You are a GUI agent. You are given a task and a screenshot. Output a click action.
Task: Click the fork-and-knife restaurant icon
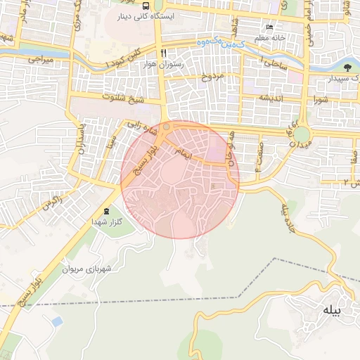[164, 53]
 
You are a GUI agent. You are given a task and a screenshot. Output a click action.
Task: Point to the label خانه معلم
[269, 37]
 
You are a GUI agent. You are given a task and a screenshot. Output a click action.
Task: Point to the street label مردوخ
[211, 75]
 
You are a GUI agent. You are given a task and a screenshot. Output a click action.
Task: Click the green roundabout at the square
[302, 134]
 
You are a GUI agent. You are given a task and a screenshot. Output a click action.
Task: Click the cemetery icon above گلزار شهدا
[107, 211]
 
